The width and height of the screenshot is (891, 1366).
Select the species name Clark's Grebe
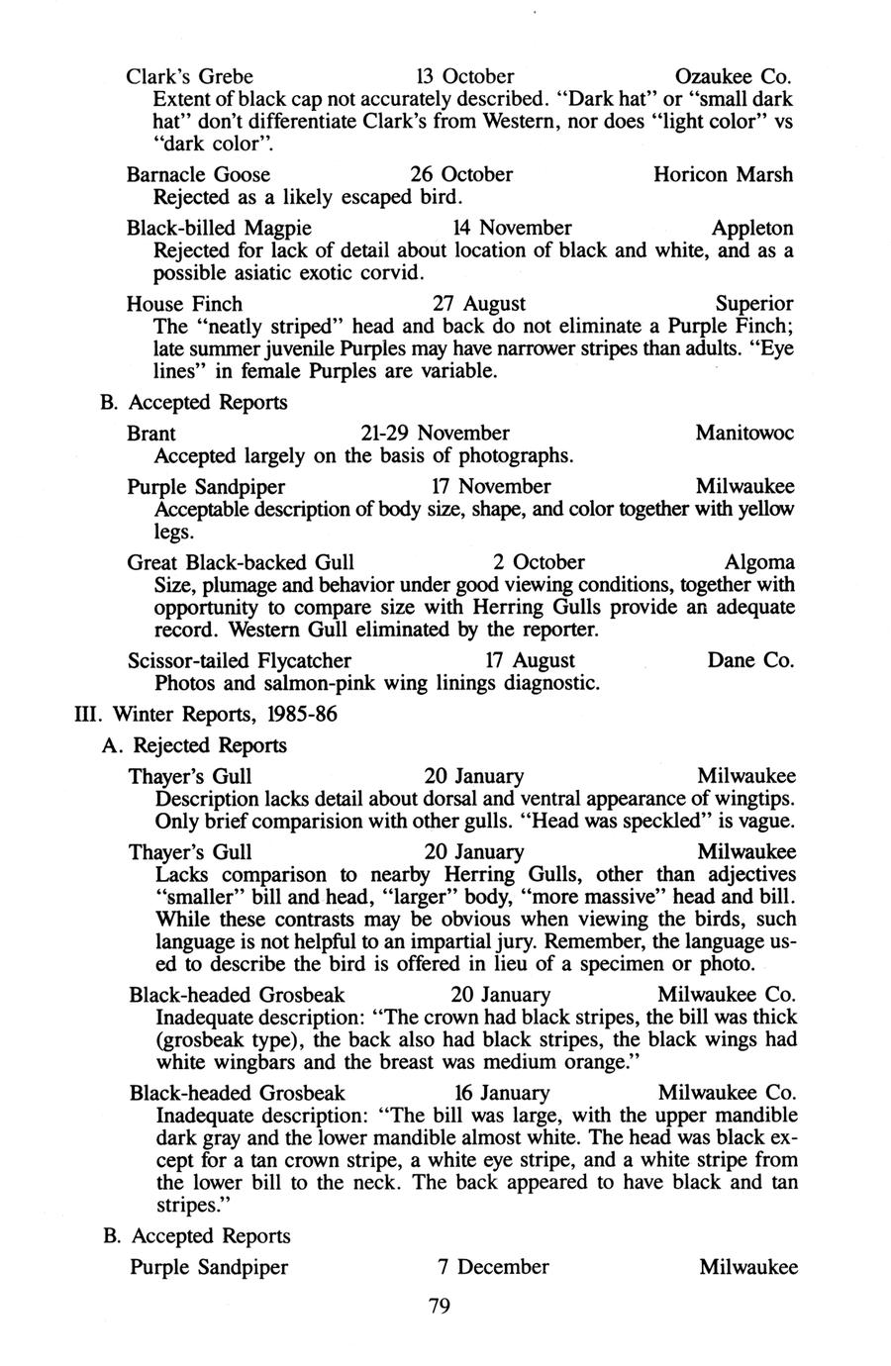pyautogui.click(x=190, y=76)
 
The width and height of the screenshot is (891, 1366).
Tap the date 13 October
pyautogui.click(x=464, y=76)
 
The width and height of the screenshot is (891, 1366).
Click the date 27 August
pyautogui.click(x=479, y=303)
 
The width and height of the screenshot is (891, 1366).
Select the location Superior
pyautogui.click(x=754, y=303)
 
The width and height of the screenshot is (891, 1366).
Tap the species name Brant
pyautogui.click(x=152, y=434)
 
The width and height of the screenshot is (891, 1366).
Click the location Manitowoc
pyautogui.click(x=744, y=434)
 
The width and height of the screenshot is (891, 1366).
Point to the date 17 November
pyautogui.click(x=492, y=487)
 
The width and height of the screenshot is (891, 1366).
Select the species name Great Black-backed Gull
pyautogui.click(x=242, y=562)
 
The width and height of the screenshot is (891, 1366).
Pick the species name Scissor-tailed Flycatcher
pyautogui.click(x=240, y=660)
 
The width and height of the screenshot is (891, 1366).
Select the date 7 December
pyautogui.click(x=493, y=1267)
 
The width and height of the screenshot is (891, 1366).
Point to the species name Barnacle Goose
pyautogui.click(x=199, y=174)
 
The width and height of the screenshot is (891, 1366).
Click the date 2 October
pyautogui.click(x=539, y=562)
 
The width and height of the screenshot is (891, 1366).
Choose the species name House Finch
pyautogui.click(x=185, y=303)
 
